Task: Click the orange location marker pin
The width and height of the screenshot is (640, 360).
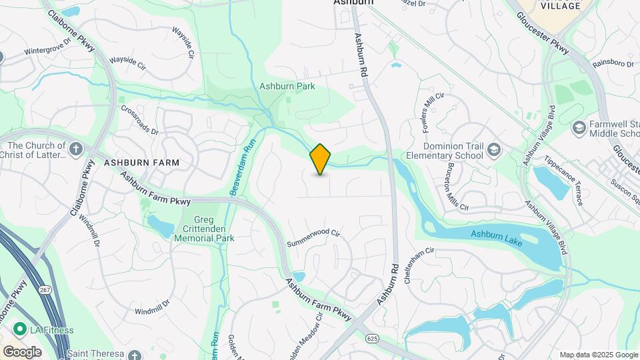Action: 321,159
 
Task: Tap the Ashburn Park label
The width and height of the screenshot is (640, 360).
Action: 287,86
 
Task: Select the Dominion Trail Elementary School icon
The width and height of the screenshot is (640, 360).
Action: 494,147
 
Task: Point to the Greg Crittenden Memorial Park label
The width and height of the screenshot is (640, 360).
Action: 204,229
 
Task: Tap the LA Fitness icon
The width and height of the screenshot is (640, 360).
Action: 21,329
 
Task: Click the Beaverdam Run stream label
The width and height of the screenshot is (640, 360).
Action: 243,167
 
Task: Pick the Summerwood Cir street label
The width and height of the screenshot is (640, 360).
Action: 313,239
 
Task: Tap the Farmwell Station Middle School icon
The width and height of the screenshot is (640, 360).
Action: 578,127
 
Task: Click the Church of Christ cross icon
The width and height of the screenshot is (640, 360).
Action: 76,147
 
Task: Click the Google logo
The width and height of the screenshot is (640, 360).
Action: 23,351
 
